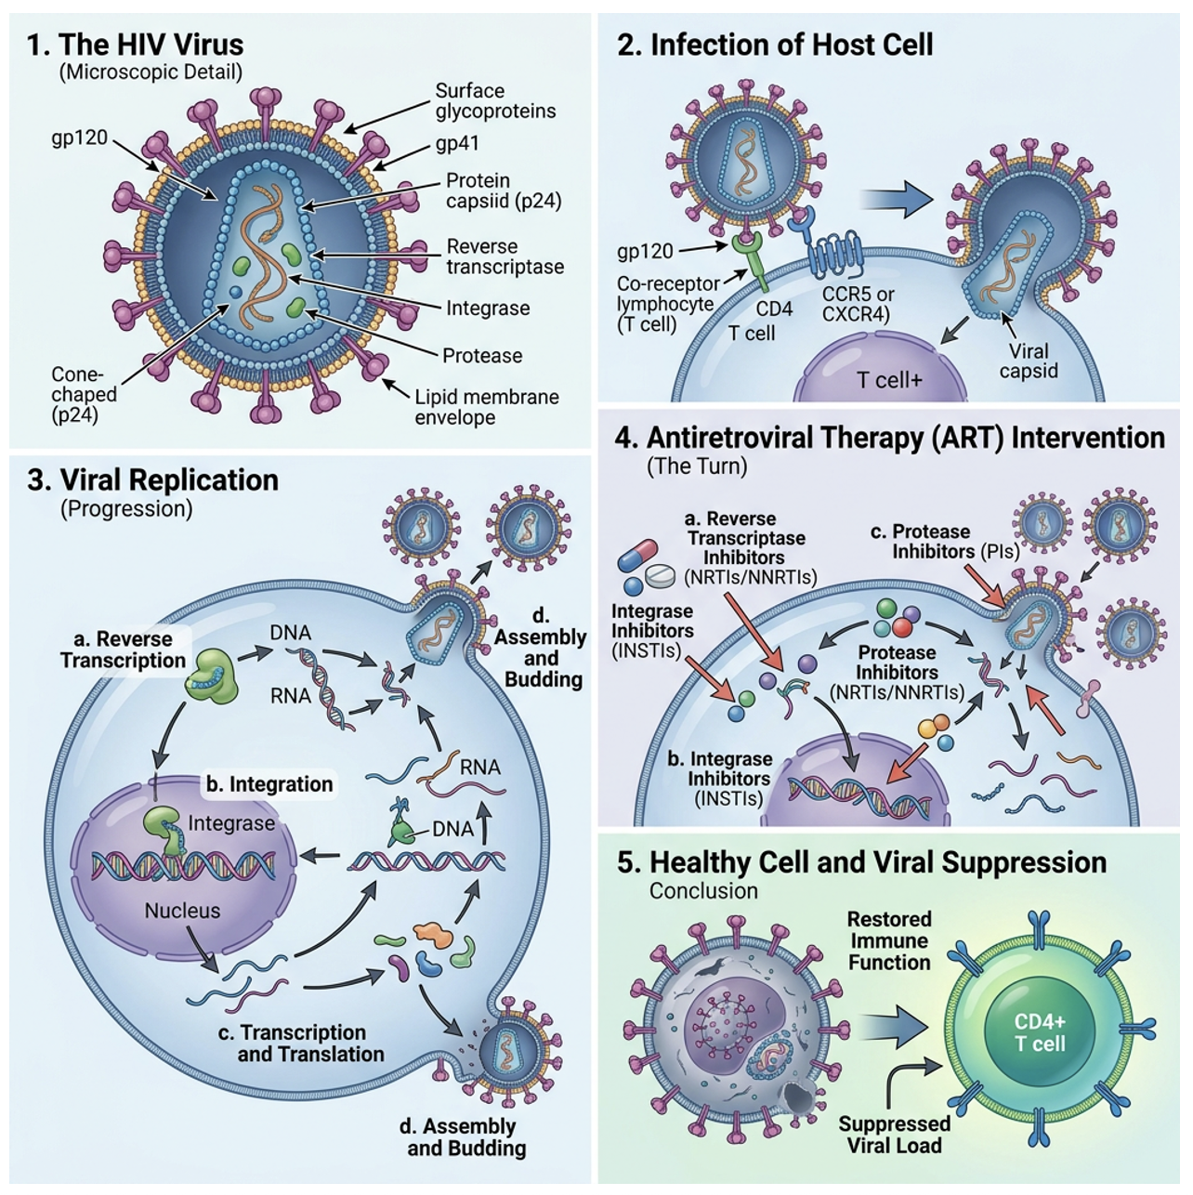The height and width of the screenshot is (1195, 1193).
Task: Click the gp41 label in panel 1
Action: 457,144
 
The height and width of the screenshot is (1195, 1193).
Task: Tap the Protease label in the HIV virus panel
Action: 482,356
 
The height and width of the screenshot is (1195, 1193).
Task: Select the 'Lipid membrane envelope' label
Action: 487,407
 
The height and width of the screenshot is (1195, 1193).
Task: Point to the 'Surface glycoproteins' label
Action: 495,100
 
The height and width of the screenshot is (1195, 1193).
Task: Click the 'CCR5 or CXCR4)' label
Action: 858,304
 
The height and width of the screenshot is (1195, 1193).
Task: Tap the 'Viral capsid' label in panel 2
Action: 1029,361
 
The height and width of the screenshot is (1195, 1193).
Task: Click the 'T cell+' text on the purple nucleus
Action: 889,379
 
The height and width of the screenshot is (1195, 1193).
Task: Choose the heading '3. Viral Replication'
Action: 152,480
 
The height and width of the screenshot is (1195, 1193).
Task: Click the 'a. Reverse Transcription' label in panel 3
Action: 124,650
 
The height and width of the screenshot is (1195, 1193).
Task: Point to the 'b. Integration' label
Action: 269,784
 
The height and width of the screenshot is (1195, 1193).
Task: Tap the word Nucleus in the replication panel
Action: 182,911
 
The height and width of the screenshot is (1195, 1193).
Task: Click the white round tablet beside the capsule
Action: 660,576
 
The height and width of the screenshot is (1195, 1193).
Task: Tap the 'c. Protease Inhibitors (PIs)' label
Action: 946,542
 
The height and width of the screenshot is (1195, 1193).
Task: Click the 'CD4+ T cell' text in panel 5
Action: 1040,1032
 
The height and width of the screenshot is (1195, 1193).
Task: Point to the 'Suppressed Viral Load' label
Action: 894,1135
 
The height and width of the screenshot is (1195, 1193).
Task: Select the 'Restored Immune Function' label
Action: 889,940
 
